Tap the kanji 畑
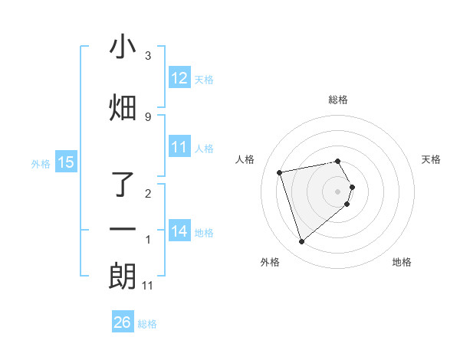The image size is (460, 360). pos(123,108)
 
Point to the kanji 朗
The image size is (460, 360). pos(123,277)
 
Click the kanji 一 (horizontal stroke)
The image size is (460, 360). pos(123,229)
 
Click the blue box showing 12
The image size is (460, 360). pos(179,77)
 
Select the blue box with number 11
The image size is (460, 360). pos(179,147)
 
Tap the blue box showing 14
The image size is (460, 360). pos(179,231)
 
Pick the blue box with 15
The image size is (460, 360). pos(66,162)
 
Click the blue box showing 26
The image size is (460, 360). pos(123,322)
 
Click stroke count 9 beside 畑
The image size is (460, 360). pos(147,116)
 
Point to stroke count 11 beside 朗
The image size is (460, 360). pos(147,285)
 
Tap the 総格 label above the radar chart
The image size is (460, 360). pos(338,100)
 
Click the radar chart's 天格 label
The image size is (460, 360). pos(431,159)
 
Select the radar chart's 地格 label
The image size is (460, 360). pos(402,262)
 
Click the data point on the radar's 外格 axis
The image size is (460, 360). pos(302,241)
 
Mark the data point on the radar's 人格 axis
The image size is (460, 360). pos(280,172)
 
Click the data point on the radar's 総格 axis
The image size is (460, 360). pos(338,162)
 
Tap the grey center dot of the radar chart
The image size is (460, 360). pos(338,191)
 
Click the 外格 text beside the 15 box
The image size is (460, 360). pos(41,162)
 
